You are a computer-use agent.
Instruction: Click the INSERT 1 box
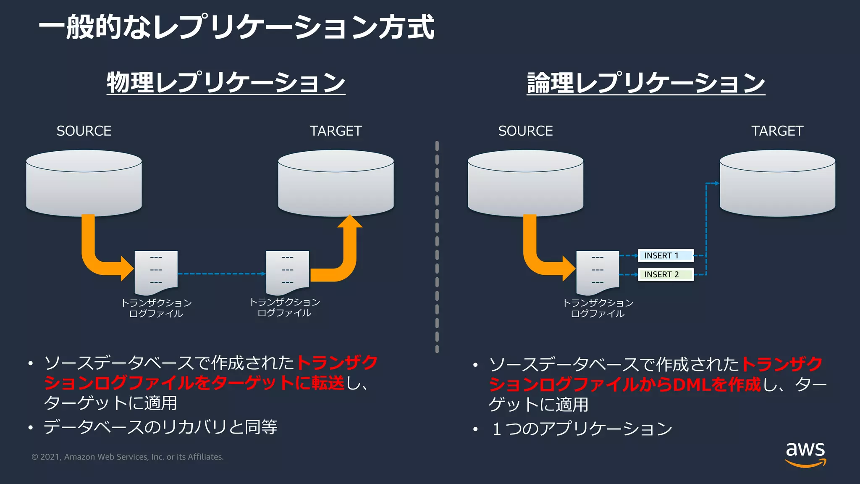tap(665, 255)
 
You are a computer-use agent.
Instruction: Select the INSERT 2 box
tap(665, 274)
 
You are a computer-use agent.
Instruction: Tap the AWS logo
tap(805, 454)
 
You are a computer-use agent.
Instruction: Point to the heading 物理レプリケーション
tap(226, 82)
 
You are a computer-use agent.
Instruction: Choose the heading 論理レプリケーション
tap(646, 82)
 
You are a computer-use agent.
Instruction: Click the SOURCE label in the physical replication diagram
tap(84, 131)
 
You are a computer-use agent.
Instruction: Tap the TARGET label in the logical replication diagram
tap(777, 131)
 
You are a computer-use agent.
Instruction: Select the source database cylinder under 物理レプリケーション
tap(84, 184)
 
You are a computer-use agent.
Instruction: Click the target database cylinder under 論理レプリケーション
tap(777, 184)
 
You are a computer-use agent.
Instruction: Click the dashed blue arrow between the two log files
tap(222, 274)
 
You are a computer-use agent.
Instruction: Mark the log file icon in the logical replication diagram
tap(598, 272)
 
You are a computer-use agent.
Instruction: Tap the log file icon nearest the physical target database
tap(288, 272)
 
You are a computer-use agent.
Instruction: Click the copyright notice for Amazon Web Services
tap(128, 457)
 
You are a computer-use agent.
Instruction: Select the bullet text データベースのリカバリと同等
tap(160, 427)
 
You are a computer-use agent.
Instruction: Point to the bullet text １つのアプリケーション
tap(582, 429)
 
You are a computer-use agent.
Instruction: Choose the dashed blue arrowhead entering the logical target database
tap(716, 184)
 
